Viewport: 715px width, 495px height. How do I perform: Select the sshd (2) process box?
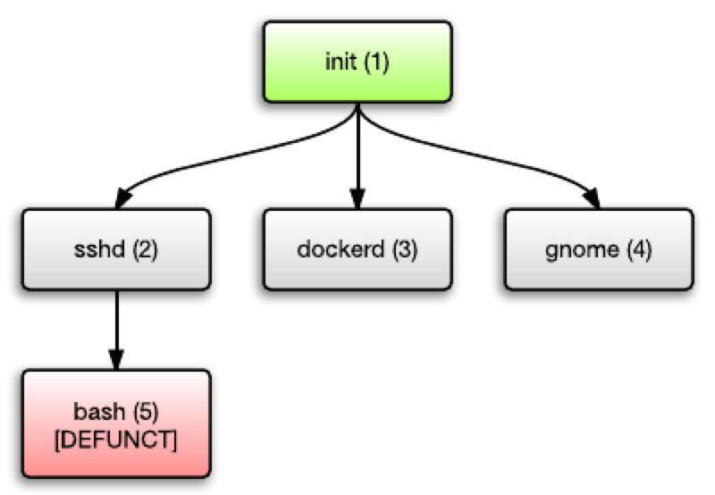coord(116,249)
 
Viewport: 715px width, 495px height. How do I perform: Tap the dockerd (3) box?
coord(357,249)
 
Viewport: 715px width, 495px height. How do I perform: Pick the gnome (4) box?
coord(598,249)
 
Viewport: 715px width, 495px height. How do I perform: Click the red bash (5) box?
coord(116,424)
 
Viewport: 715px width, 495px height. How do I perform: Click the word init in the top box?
coord(341,64)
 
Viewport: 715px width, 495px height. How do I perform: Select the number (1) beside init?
coord(375,64)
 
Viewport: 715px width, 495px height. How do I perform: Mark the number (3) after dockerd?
coord(405,250)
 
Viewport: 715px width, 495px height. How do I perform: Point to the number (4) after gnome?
coord(638,250)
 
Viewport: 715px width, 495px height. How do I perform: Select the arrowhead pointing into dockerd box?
coord(357,198)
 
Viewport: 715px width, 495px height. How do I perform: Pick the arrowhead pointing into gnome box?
coord(592,199)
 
